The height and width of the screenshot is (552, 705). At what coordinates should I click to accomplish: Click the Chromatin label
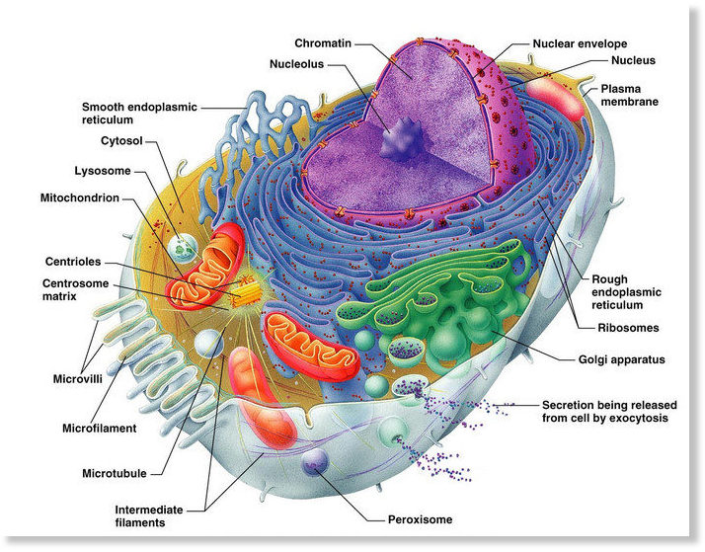point(323,43)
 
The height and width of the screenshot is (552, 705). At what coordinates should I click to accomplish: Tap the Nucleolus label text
point(297,64)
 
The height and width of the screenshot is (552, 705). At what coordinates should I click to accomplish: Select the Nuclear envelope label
point(580,43)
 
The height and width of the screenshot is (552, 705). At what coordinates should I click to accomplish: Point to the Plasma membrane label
point(629,96)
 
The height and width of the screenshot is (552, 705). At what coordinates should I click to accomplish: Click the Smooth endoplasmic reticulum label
point(139,114)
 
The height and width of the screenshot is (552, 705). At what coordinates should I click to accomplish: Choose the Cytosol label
point(121,140)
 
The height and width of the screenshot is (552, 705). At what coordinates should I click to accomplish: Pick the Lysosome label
point(103,171)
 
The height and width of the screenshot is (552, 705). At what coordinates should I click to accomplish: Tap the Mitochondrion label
point(80,197)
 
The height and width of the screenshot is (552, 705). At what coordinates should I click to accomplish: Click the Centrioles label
point(73,262)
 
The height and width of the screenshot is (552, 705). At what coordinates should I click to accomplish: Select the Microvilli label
point(78,379)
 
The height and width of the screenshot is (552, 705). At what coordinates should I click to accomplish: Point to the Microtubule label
point(115,473)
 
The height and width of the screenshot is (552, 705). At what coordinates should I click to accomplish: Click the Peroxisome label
point(420,519)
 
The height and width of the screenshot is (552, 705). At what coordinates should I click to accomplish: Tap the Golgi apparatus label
point(621,359)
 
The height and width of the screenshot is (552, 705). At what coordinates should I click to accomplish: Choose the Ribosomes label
point(628,328)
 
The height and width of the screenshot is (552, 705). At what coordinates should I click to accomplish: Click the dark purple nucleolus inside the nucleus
point(403,139)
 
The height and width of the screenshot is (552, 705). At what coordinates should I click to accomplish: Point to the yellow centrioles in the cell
point(246,291)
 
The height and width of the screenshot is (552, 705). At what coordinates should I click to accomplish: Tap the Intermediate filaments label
point(149,516)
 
